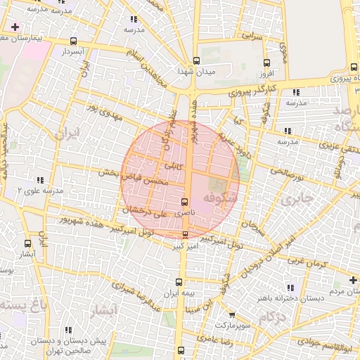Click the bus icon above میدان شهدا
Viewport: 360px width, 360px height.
click(x=196, y=60)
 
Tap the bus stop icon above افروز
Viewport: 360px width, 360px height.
click(x=266, y=62)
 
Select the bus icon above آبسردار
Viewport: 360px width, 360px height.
click(x=75, y=41)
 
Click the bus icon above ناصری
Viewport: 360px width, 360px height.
click(x=184, y=202)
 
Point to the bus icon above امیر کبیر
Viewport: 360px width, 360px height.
click(x=185, y=235)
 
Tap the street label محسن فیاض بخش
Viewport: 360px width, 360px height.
click(x=134, y=176)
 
